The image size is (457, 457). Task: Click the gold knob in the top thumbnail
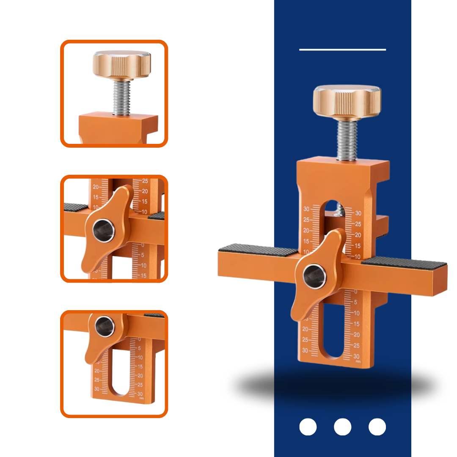[x=122, y=64]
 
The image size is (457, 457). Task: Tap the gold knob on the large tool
[x=347, y=102]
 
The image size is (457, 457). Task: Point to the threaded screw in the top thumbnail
[x=121, y=97]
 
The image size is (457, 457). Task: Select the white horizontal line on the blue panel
[x=342, y=50]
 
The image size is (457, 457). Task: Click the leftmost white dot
[x=308, y=427]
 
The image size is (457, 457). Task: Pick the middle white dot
[x=342, y=427]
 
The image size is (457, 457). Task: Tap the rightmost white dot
[x=377, y=427]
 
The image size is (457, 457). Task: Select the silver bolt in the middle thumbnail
[x=104, y=230]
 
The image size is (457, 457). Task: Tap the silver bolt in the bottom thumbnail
[x=104, y=326]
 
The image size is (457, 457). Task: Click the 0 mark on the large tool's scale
[x=355, y=292]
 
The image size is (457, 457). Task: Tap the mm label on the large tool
[x=358, y=362]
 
